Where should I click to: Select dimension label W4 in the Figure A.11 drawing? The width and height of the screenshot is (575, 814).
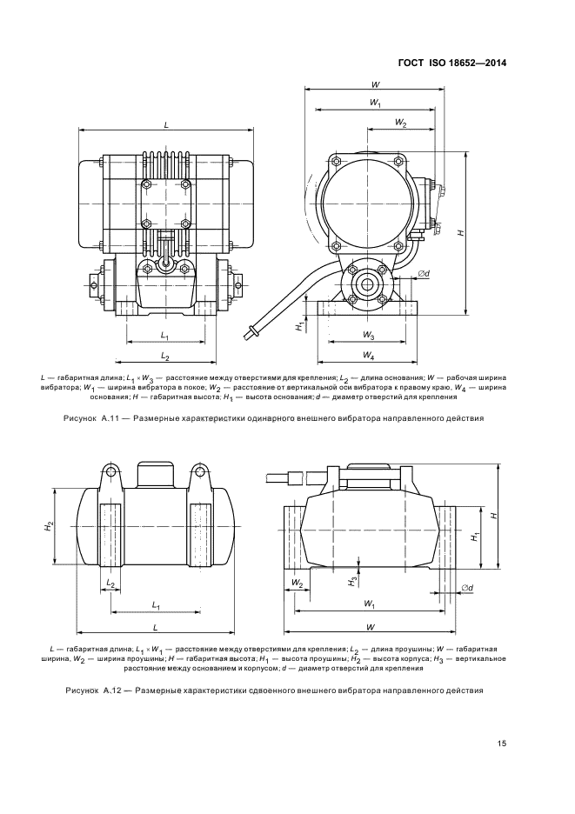[x=368, y=356]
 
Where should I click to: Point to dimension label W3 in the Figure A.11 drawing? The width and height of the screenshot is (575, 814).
[x=368, y=335]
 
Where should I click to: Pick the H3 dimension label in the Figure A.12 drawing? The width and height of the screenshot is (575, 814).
[x=352, y=580]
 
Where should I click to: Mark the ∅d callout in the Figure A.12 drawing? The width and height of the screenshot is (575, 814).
[x=466, y=589]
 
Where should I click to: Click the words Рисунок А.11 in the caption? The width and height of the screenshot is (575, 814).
[x=86, y=418]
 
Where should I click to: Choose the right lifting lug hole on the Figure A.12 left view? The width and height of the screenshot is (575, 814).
[x=199, y=473]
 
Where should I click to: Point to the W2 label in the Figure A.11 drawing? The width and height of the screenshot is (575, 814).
[x=399, y=123]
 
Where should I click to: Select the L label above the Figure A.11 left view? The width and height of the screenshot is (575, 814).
[x=166, y=125]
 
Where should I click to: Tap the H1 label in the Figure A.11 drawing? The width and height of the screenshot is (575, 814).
[x=298, y=326]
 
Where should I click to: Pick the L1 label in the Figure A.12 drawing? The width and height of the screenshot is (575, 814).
[x=155, y=604]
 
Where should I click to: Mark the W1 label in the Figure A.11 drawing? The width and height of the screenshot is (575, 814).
[x=375, y=103]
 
